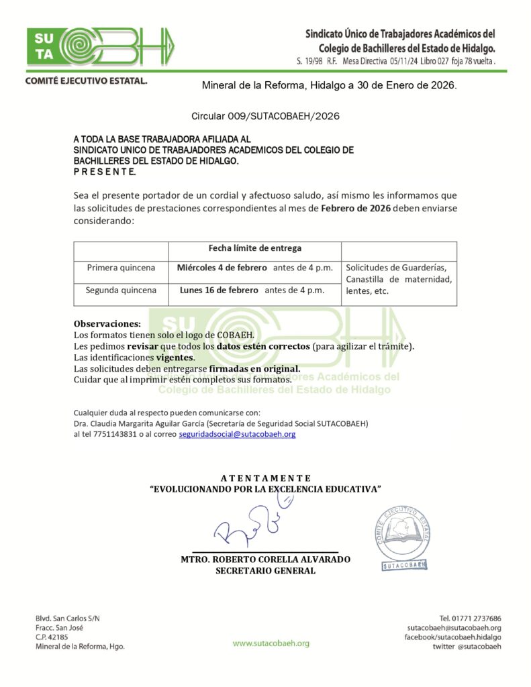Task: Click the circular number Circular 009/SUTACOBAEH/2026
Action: (x=265, y=116)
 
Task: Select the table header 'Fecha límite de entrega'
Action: (x=254, y=248)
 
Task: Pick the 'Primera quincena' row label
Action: (x=121, y=268)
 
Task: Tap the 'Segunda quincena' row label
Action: (x=121, y=290)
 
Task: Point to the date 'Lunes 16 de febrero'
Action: (x=219, y=290)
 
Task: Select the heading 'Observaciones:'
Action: (x=107, y=323)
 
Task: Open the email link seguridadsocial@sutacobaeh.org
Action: (x=237, y=434)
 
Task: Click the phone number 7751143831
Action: (x=117, y=434)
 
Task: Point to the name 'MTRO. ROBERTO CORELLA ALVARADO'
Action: (x=265, y=560)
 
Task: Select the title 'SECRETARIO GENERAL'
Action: (x=265, y=571)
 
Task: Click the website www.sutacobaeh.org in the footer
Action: (x=271, y=643)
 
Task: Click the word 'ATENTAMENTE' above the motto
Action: (x=265, y=478)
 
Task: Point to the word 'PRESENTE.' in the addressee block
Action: (x=105, y=172)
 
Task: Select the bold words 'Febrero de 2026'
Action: (x=355, y=208)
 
